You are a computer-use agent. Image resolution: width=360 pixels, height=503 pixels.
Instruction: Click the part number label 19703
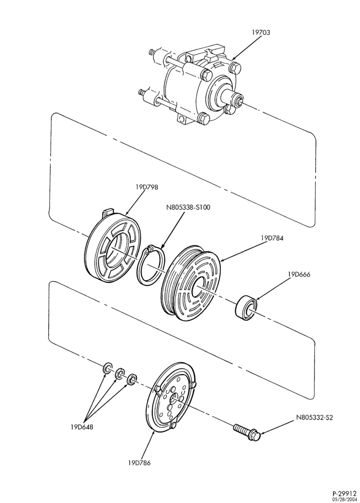pos(260,32)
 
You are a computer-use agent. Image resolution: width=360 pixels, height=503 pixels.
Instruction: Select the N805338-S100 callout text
pos(188,207)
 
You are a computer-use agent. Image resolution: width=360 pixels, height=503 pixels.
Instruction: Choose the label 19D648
pos(82,427)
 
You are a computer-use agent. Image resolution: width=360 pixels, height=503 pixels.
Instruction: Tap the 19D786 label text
pos(139,463)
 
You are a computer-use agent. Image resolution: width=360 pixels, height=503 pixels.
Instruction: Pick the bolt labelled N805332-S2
pos(247,432)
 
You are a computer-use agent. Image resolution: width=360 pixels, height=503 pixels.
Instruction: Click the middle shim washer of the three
pos(120,373)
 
